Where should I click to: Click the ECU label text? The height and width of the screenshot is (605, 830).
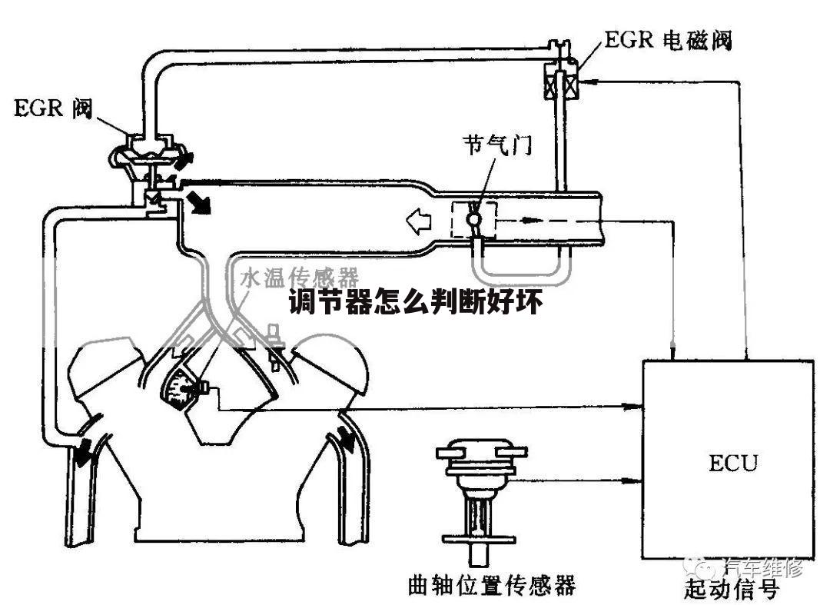click(x=732, y=464)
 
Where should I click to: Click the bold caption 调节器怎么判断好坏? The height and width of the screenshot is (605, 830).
click(x=416, y=303)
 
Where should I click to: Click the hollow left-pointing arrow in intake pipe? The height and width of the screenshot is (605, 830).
click(x=420, y=221)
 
